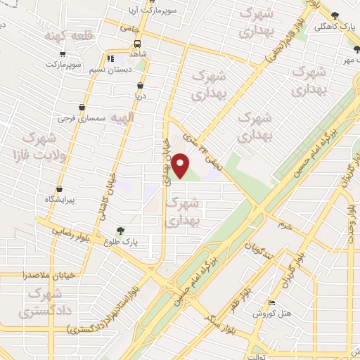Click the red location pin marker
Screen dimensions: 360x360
[181, 165]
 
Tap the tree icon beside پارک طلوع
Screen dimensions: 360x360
[122, 230]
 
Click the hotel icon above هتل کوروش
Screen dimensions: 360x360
[271, 302]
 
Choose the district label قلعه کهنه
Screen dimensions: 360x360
[65, 35]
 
